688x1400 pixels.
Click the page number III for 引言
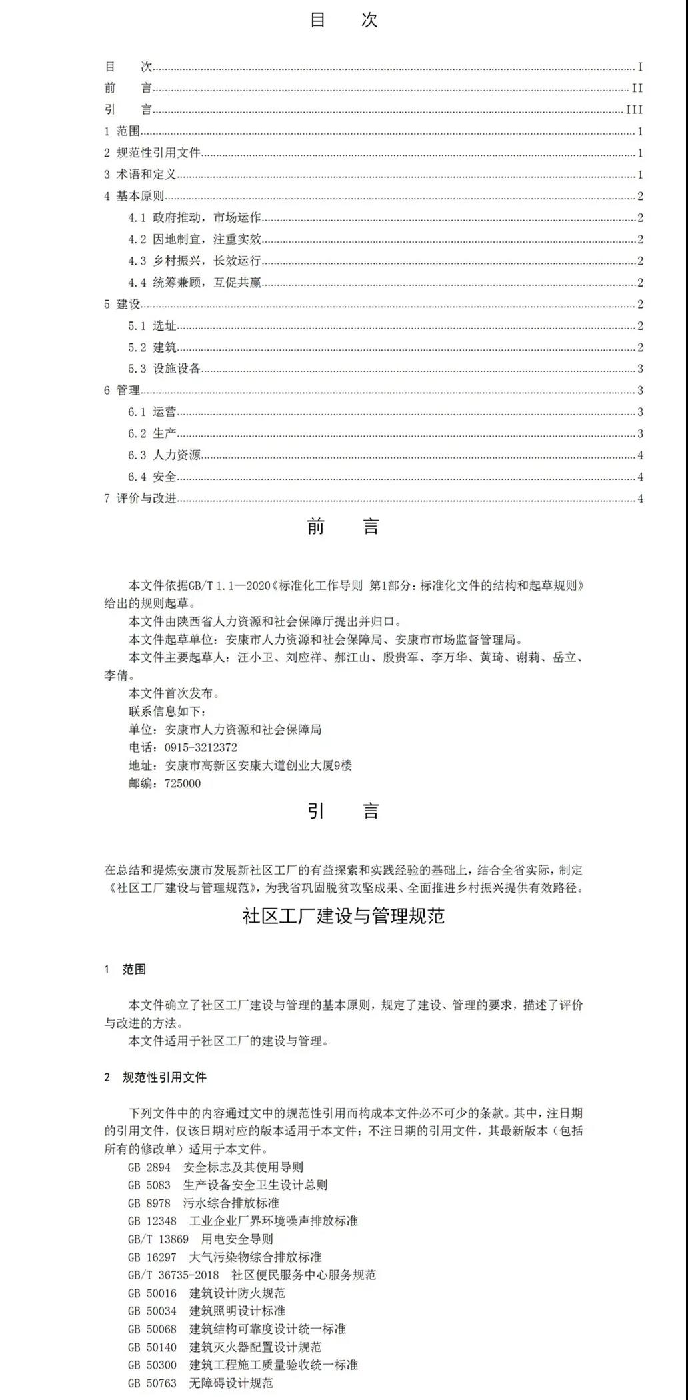pos(634,110)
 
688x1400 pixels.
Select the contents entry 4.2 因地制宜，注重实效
pos(195,239)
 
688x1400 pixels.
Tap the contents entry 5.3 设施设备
pos(165,369)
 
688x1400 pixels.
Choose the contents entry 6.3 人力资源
pos(165,455)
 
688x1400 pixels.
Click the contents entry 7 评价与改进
pos(140,499)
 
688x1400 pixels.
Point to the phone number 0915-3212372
pos(201,747)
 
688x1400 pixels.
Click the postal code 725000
pos(183,783)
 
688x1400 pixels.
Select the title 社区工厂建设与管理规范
pos(343,916)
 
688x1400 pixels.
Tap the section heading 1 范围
pos(125,969)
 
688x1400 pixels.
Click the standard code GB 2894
pos(149,1167)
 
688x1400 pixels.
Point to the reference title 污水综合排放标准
pos(231,1203)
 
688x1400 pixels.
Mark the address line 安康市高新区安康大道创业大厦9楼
pos(259,765)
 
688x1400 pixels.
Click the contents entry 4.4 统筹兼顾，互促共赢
pos(195,283)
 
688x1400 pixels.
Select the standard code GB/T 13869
pos(159,1239)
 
